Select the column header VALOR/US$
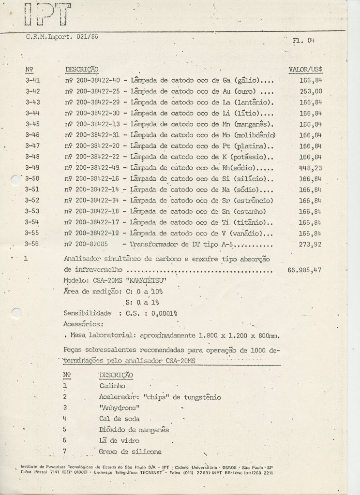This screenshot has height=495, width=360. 306,69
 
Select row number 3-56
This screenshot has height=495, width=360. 32,244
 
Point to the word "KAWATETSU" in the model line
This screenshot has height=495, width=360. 145,280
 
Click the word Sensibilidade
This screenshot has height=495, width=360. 87,313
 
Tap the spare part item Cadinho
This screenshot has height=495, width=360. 113,386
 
